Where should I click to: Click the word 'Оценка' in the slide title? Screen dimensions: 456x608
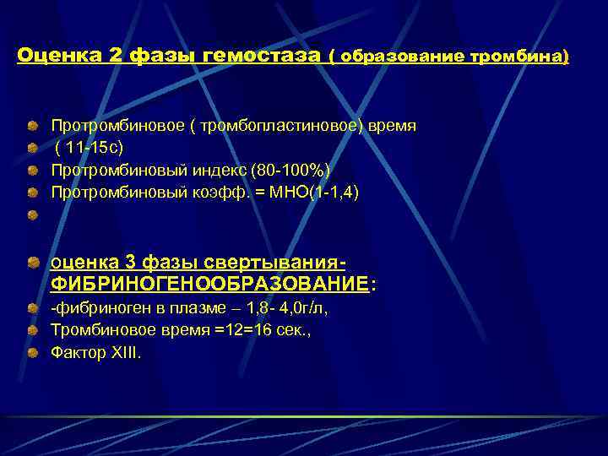click(x=59, y=57)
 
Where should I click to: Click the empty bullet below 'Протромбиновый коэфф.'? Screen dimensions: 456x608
click(x=32, y=216)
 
